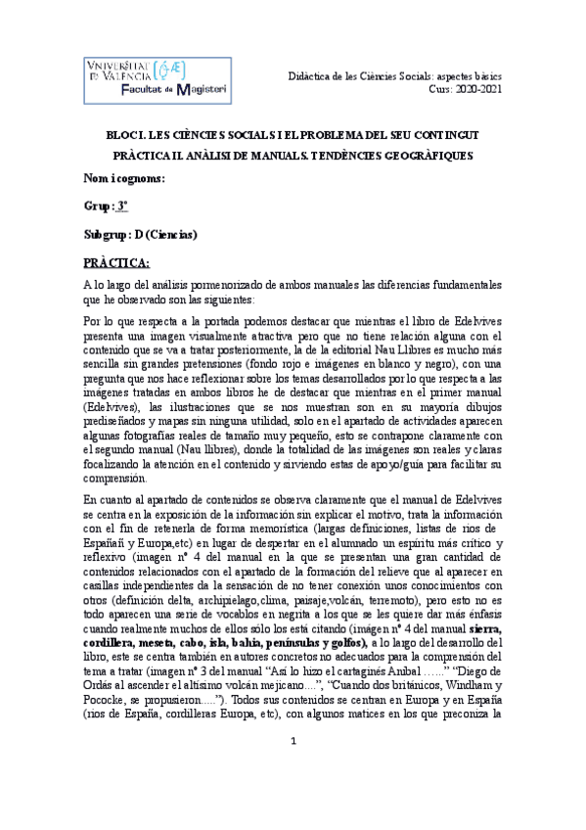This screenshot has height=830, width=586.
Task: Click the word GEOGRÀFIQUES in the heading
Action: tap(428, 156)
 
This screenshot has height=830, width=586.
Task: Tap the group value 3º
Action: tap(122, 207)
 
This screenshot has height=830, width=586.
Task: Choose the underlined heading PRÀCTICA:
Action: tap(115, 263)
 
